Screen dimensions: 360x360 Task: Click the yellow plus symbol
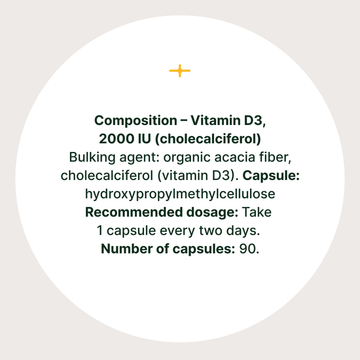coord(180,71)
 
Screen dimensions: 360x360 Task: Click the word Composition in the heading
coord(135,121)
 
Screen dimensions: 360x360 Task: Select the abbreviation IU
coord(145,139)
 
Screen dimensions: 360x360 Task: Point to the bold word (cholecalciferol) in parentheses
coord(208,139)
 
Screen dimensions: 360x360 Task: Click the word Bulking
coord(92,158)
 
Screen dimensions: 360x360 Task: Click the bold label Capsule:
coord(271,176)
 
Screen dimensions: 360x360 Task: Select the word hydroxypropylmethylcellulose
coord(180,194)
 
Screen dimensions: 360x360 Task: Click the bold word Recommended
coord(134,212)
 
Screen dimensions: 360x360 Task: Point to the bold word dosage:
coord(212,213)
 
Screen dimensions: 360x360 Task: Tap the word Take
coord(257,212)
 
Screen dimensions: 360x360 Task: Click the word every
coord(177,231)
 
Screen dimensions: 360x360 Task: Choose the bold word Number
coord(126,249)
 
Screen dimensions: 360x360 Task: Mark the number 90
coord(249,249)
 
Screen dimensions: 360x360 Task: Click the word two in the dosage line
coord(211,231)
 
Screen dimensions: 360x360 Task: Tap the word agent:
coord(139,158)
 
